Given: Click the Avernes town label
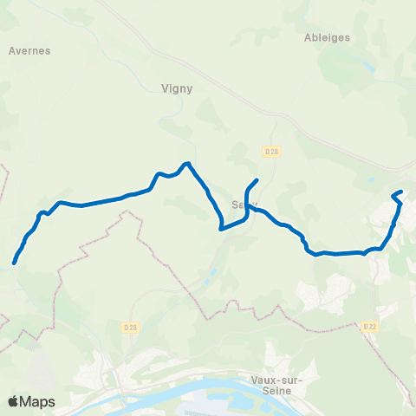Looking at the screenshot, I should point(29,50).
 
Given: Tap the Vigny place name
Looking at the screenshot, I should point(177,88).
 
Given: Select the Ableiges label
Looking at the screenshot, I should point(328,37).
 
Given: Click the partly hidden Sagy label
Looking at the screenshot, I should point(240,205).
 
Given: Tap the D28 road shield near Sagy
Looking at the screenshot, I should point(272,151).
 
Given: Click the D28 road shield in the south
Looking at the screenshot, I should point(130,327).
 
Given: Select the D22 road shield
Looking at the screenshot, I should point(371,326).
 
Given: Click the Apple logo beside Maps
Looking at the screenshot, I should point(12,401).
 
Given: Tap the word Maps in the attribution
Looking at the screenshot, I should point(37,401).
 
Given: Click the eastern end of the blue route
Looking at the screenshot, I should point(402,192).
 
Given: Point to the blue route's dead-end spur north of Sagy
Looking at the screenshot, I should point(257,179).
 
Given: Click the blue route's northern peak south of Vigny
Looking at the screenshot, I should point(186,163).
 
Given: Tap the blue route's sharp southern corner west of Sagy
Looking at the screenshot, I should point(222,230).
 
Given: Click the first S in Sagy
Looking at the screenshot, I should point(234,205).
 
